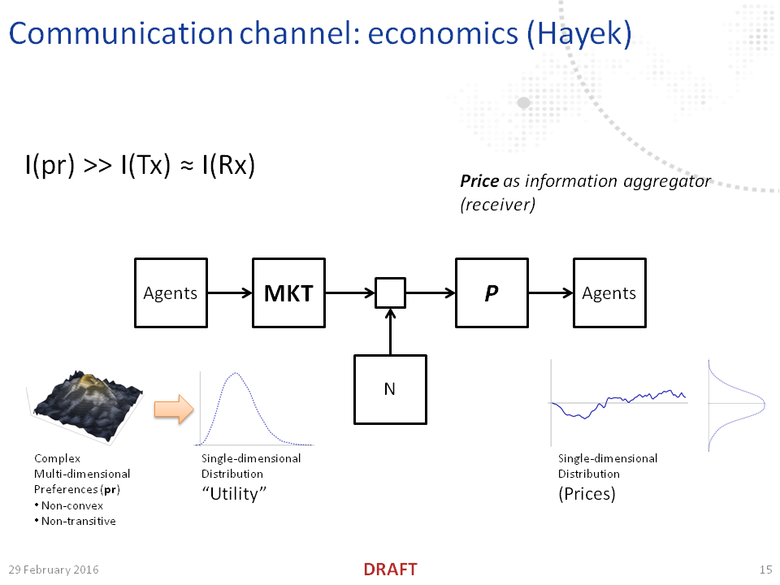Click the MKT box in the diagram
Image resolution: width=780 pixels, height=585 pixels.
click(x=288, y=293)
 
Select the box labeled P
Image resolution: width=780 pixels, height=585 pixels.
click(x=491, y=293)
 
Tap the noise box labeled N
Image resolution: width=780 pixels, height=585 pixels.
click(x=390, y=389)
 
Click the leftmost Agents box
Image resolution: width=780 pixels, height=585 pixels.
click(x=170, y=293)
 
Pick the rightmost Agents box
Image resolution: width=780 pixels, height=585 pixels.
click(x=609, y=293)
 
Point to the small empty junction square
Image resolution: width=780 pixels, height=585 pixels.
click(x=390, y=293)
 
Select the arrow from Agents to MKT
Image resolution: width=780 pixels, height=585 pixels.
click(x=230, y=293)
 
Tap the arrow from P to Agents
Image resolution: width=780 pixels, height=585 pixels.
click(x=550, y=293)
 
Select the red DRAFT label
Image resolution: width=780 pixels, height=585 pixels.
click(x=390, y=570)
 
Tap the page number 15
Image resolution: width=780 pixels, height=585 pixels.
click(x=765, y=570)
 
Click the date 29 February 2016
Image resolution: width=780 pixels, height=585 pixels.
click(x=54, y=570)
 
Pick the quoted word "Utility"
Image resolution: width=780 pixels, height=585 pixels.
click(x=234, y=493)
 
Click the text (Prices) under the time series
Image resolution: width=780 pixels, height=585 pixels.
click(x=587, y=493)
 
